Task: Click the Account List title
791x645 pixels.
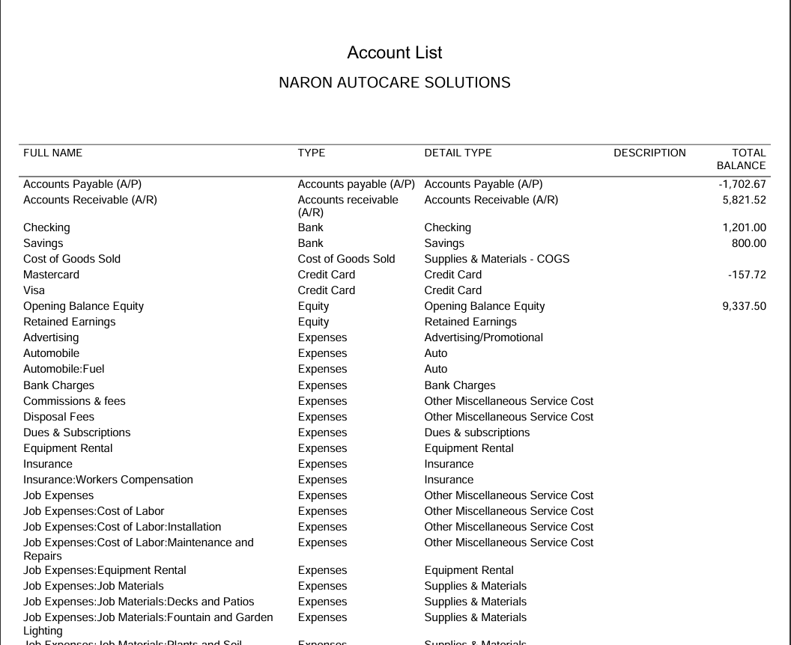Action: [x=395, y=53]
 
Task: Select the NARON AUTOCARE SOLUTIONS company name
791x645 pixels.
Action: [x=395, y=83]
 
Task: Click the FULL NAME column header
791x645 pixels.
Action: [x=53, y=153]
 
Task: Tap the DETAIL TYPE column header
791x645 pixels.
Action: [x=458, y=153]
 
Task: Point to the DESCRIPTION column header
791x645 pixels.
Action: [x=649, y=153]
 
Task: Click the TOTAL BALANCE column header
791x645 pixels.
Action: [x=742, y=159]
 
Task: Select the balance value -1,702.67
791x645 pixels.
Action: [x=742, y=184]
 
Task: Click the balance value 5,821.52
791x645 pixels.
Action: [x=744, y=200]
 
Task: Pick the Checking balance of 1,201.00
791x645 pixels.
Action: [x=744, y=227]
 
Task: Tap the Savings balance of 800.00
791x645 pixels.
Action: [x=748, y=243]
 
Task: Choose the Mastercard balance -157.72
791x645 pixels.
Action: [x=747, y=275]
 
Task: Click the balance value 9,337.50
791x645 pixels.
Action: [x=744, y=306]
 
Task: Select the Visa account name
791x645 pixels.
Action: [x=34, y=290]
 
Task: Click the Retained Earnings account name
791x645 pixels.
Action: [x=70, y=322]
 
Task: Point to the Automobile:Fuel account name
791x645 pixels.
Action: [x=64, y=369]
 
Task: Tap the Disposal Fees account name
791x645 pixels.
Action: [x=58, y=417]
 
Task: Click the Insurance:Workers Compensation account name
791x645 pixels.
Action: [x=108, y=480]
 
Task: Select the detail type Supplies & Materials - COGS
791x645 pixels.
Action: [x=497, y=259]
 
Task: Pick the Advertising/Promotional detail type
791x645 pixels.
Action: [x=483, y=337]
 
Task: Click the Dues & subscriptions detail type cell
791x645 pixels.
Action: [x=476, y=432]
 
